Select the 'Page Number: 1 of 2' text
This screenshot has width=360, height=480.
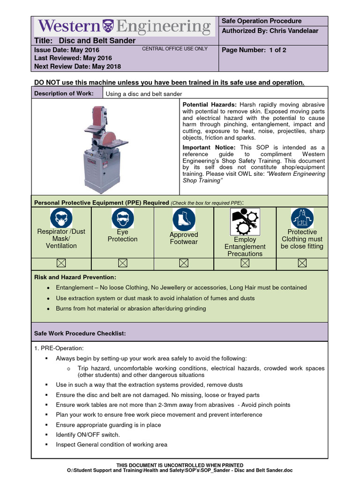(x=254, y=50)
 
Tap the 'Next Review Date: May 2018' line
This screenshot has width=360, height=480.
(x=77, y=66)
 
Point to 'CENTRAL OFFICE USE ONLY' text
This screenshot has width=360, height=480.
(x=174, y=49)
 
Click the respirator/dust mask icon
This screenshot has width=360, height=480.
(x=61, y=218)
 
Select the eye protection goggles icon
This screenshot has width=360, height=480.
(x=122, y=218)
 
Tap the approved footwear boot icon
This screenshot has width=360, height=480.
(x=184, y=219)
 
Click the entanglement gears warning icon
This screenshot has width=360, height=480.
(x=245, y=221)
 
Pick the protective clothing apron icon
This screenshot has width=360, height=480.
(x=302, y=218)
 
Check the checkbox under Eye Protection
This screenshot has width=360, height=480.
(x=122, y=264)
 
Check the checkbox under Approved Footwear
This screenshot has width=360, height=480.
(x=184, y=264)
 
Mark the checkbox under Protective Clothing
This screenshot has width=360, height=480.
(x=302, y=264)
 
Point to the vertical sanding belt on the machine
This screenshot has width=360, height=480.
(x=99, y=117)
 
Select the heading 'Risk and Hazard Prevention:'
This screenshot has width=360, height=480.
(x=75, y=277)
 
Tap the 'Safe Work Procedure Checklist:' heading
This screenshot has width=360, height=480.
(x=80, y=333)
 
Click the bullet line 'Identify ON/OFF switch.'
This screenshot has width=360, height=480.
(x=88, y=435)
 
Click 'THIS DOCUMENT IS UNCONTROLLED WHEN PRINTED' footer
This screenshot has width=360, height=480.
(x=180, y=465)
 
